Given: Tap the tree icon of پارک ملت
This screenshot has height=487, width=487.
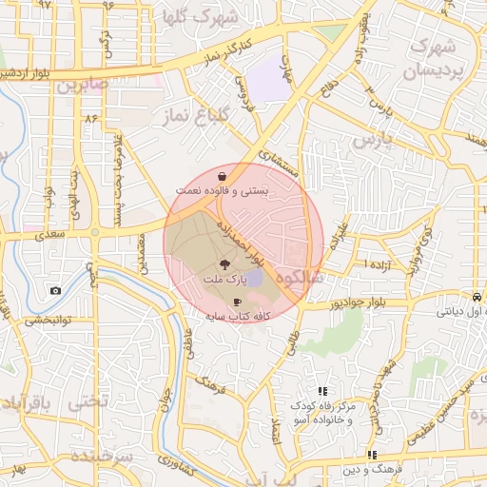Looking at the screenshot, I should [x=224, y=265].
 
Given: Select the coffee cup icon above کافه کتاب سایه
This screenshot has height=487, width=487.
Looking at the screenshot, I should [x=237, y=301].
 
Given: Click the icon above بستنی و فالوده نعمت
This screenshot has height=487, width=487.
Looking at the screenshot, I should [x=222, y=176].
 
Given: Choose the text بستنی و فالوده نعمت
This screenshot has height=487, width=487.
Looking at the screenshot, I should [x=222, y=191].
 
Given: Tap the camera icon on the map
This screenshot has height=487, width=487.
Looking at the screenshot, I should [x=56, y=290].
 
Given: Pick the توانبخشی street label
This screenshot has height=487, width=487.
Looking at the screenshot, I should [x=45, y=321].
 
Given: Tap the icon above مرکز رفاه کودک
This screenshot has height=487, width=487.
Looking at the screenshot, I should [x=322, y=391].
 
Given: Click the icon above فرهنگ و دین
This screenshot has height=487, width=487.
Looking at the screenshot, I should [x=372, y=456].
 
